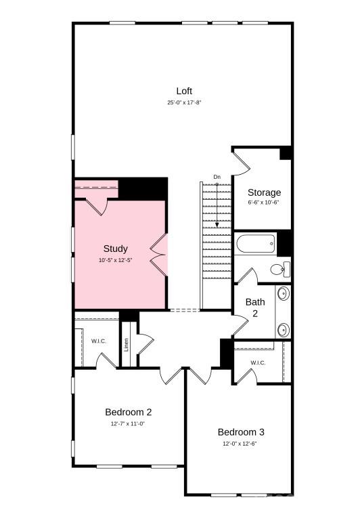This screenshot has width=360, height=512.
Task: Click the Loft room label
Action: coord(185,91)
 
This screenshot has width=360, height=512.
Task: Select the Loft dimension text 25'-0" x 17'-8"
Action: coord(185,103)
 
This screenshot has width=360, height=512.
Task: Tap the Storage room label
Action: coord(263,192)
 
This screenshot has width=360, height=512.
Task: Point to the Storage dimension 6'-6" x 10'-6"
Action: coord(263,202)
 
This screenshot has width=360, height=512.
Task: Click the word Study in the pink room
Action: coord(115,249)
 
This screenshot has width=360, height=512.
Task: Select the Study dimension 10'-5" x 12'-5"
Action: coord(115,260)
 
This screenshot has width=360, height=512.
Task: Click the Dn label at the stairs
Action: coord(217,177)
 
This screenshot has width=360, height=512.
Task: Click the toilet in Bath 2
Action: coord(279,269)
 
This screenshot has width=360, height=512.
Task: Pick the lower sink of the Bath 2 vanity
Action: coord(284,329)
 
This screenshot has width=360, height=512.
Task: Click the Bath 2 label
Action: coord(255,307)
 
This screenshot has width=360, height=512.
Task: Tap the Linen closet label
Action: coord(127,345)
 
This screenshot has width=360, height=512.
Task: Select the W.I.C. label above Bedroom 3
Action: coord(258,363)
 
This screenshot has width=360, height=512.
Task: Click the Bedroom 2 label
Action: coord(128,412)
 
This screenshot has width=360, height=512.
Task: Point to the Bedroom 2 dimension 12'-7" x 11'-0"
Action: coord(128,423)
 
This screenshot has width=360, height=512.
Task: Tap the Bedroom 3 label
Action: coord(241,432)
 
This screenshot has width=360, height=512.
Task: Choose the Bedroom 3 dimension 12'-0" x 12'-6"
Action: coord(241,444)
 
